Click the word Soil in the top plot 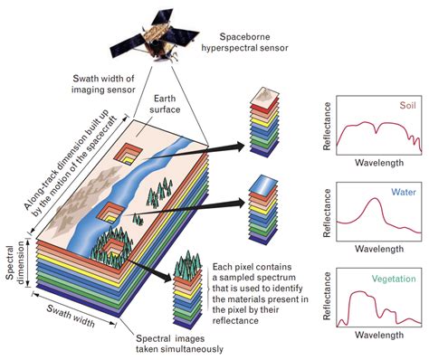click(396, 105)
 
